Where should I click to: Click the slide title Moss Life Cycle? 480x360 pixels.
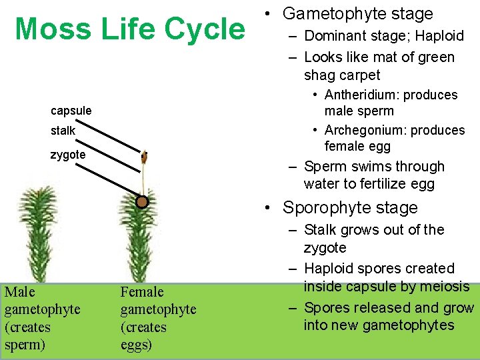pos(130,30)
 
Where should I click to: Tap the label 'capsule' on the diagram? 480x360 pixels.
pos(71,110)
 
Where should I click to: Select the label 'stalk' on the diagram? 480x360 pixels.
pos(63,131)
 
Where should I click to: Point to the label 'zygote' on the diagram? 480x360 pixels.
pos(69,155)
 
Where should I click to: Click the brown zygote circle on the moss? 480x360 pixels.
pos(141,201)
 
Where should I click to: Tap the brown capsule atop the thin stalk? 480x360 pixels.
pos(144,157)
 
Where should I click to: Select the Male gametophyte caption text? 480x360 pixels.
pos(42,318)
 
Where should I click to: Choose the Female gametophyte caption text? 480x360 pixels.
pos(158,318)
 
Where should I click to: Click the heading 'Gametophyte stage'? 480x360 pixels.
pos(357,13)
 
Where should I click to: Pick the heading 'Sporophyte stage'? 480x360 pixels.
pos(350,207)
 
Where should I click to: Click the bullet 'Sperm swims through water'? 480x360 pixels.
pos(373,175)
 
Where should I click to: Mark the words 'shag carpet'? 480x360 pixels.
pos(342,75)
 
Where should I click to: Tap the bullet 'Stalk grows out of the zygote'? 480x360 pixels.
pos(373,238)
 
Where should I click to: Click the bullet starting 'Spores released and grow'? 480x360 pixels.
pos(388,316)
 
